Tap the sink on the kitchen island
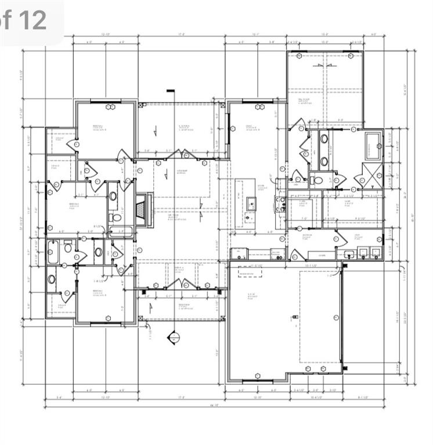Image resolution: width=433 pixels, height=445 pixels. pyautogui.click(x=251, y=203)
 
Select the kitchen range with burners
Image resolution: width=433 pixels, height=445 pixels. pyautogui.click(x=280, y=203)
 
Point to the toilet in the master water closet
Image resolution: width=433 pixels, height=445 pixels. pyautogui.click(x=318, y=180)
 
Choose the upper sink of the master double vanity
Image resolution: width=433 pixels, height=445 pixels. pyautogui.click(x=324, y=140)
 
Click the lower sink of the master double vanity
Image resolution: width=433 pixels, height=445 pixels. pyautogui.click(x=324, y=161)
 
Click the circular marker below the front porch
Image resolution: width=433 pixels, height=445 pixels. pyautogui.click(x=172, y=337)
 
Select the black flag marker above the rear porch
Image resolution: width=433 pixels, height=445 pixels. pyautogui.click(x=171, y=90)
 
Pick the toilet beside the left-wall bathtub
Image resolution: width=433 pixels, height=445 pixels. pyautogui.click(x=68, y=248)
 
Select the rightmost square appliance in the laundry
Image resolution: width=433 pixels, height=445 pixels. pyautogui.click(x=376, y=252)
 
